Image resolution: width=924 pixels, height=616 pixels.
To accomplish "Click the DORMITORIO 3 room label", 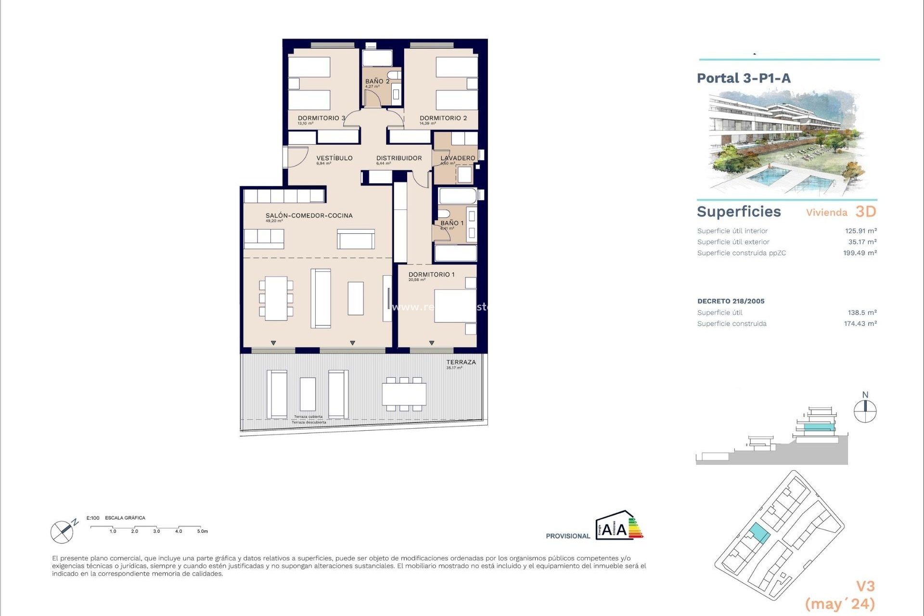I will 321,118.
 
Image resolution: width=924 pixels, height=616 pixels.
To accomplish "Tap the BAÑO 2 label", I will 377,81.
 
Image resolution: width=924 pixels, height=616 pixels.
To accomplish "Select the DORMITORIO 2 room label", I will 443,118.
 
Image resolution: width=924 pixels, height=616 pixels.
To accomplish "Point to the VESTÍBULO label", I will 334,158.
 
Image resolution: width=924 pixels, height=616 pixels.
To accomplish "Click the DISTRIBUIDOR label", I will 399,158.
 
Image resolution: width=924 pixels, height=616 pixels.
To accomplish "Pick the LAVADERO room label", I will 458,158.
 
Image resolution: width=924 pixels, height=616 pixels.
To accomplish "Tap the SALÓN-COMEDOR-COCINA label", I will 309,216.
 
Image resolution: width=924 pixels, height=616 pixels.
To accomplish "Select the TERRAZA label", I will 461,362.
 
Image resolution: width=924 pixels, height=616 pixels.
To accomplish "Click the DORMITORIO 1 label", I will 431,274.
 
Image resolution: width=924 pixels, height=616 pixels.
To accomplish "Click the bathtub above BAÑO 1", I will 457,196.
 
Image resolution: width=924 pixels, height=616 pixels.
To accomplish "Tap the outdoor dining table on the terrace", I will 404,394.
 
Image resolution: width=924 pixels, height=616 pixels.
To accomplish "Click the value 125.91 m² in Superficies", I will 860,231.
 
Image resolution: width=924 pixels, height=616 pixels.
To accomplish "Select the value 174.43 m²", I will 860,324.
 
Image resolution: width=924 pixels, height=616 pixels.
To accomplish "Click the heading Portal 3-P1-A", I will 744,78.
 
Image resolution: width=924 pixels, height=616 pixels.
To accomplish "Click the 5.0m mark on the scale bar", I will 202,531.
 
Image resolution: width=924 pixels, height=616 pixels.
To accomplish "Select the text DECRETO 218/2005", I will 731,301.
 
